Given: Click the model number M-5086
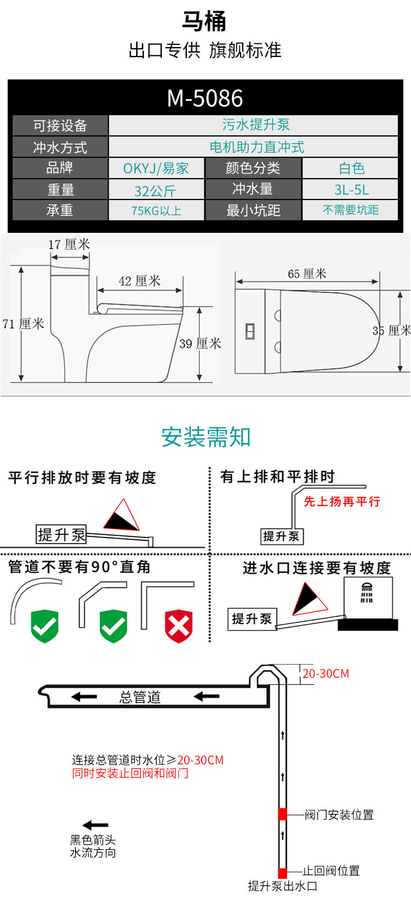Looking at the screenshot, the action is [x=205, y=99].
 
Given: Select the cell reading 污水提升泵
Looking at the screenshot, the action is [x=255, y=125].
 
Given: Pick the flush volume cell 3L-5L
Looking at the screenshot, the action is [x=351, y=190].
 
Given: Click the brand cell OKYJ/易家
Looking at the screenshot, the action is [x=156, y=168].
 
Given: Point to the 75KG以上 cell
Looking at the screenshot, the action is [x=156, y=210].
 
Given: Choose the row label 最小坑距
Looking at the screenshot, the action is [x=253, y=210].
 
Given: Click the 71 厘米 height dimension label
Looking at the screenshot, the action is [x=23, y=324].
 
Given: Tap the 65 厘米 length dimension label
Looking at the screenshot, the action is [x=307, y=273].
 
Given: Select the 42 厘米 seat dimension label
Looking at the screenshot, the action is [x=139, y=281].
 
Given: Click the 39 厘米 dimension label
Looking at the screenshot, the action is [x=200, y=344].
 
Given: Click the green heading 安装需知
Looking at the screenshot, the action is [x=206, y=437].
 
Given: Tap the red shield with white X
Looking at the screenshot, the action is [x=179, y=626].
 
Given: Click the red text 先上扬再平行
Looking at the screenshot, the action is [x=342, y=501].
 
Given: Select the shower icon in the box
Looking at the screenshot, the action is [x=367, y=593].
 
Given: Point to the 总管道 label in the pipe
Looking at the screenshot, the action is [x=140, y=697].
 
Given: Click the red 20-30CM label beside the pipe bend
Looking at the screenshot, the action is [x=326, y=674].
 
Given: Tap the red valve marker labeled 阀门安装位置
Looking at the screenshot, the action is [x=283, y=814].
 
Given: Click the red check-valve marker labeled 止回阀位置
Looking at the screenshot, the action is [x=283, y=873].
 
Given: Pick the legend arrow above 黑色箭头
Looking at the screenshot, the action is [x=95, y=825].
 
